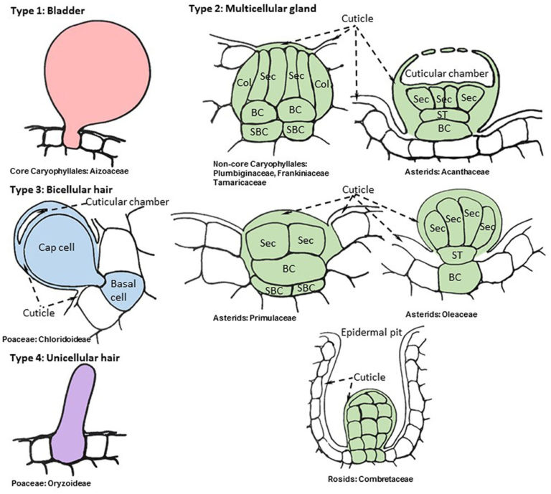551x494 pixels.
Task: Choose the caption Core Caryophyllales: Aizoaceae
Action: [x=70, y=171]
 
